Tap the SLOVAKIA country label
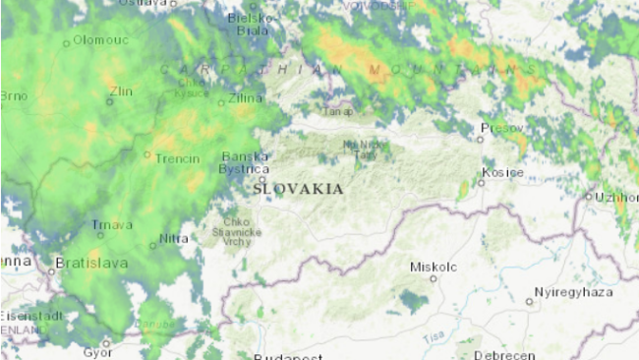pyautogui.click(x=298, y=188)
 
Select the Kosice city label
pyautogui.click(x=501, y=172)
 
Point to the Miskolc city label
pyautogui.click(x=434, y=267)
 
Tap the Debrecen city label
pyautogui.click(x=503, y=354)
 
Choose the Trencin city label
pyautogui.click(x=178, y=158)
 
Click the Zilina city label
pyautogui.click(x=245, y=98)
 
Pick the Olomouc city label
pyautogui.click(x=101, y=41)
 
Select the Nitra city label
pyautogui.click(x=173, y=238)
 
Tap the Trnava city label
pyautogui.click(x=111, y=225)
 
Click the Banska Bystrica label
pyautogui.click(x=245, y=162)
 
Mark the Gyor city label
pyautogui.click(x=97, y=351)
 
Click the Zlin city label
pyautogui.click(x=122, y=91)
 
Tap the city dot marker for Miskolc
pyautogui.click(x=433, y=279)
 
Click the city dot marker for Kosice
pyautogui.click(x=481, y=182)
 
